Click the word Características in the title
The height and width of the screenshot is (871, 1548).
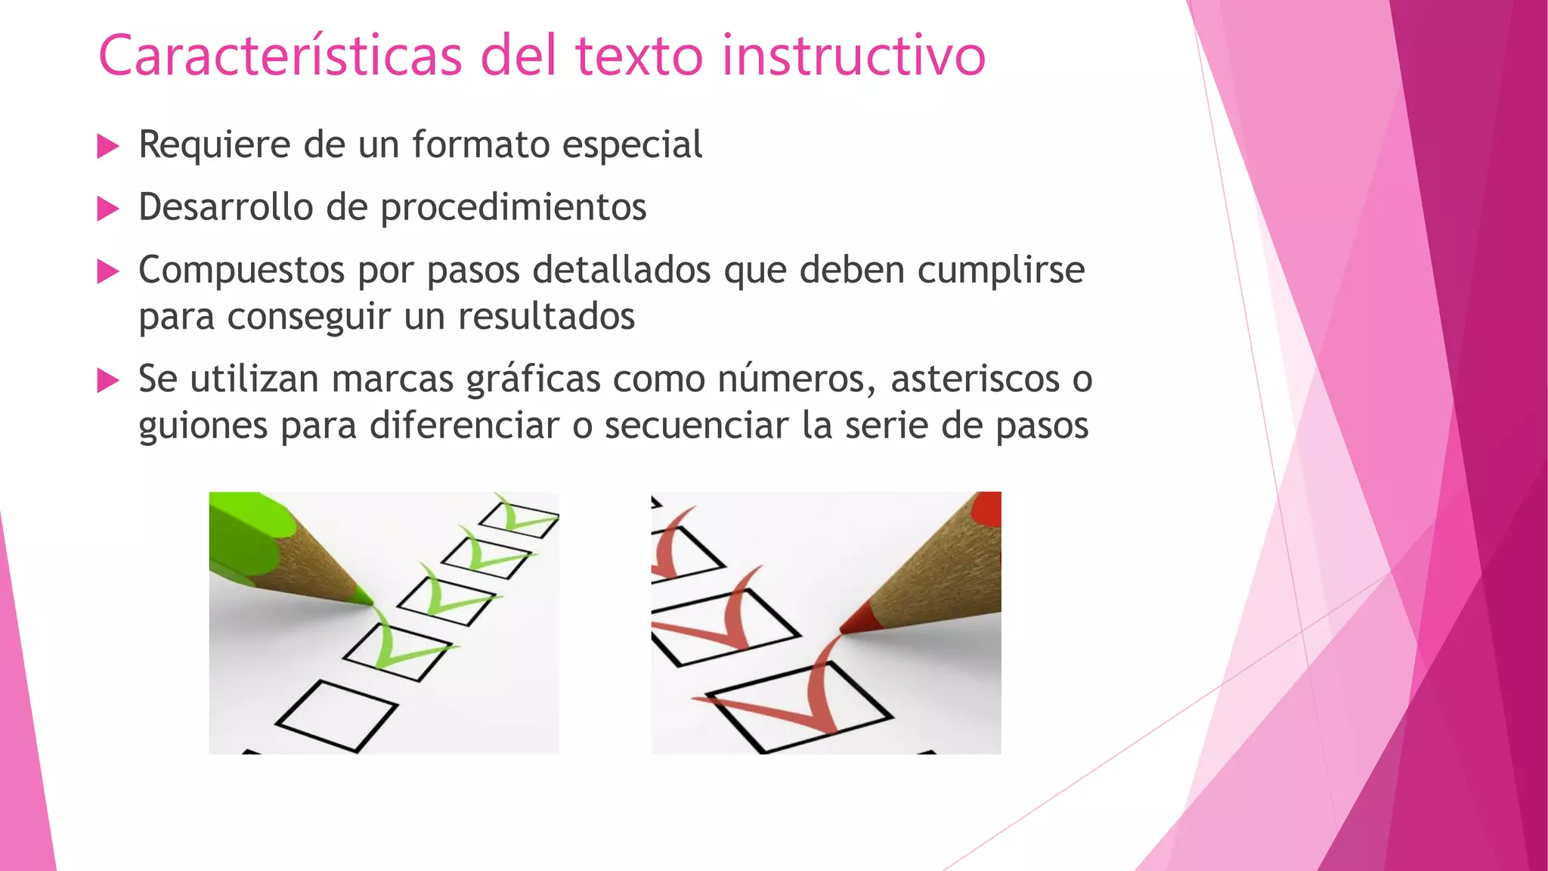tap(280, 56)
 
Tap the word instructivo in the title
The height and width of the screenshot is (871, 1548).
tap(853, 56)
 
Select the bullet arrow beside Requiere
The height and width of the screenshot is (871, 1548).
tap(109, 146)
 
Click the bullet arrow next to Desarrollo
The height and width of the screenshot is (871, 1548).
tap(109, 209)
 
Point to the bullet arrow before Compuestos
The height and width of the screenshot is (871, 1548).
tap(109, 271)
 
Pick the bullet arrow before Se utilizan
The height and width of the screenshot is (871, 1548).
tap(109, 380)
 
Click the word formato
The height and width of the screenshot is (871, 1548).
tap(481, 145)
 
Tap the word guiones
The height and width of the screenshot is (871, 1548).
tap(203, 426)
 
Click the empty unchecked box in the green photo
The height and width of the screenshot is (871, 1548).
tap(336, 714)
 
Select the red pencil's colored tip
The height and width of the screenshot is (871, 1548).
tap(857, 621)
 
